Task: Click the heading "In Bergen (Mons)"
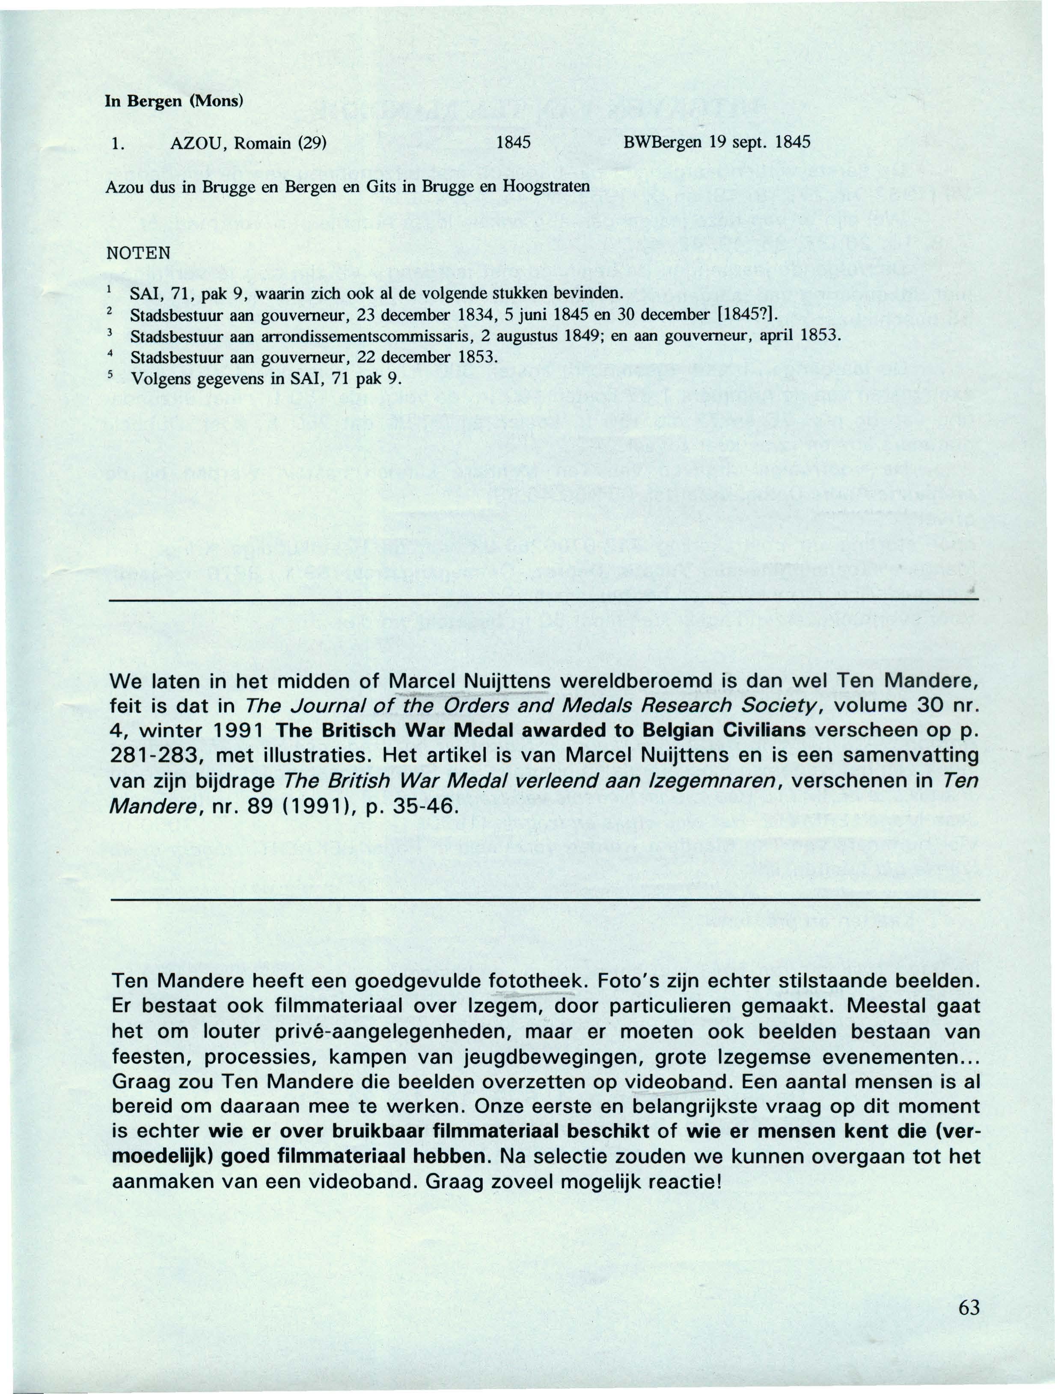174,101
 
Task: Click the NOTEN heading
138,253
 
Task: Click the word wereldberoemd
637,681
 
